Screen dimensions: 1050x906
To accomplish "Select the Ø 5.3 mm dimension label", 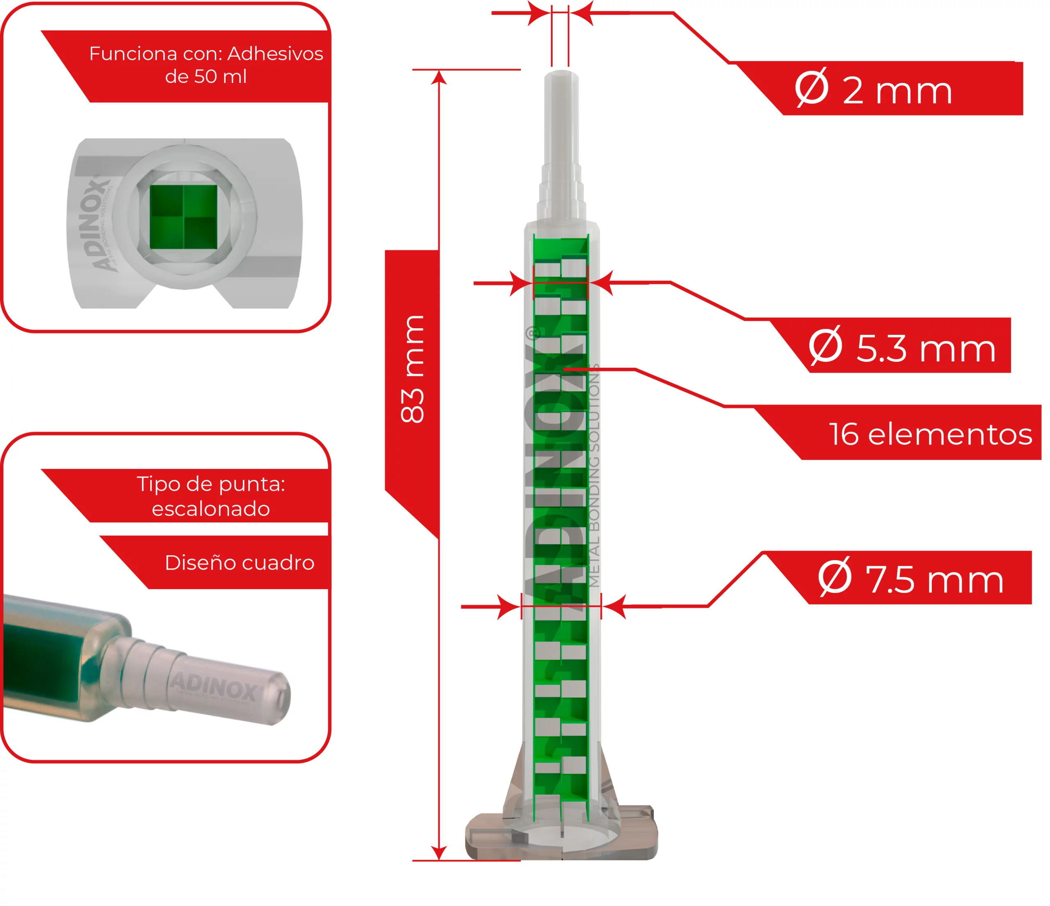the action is (902, 347).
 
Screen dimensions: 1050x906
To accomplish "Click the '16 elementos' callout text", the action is (930, 435).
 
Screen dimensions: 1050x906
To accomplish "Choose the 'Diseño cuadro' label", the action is (239, 563).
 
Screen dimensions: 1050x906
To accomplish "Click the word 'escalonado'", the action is (211, 508).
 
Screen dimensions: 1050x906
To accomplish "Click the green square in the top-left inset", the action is (183, 217).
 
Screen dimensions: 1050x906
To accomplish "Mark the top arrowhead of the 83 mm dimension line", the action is (439, 77).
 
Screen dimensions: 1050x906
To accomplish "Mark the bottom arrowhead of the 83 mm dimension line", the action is (439, 853).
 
